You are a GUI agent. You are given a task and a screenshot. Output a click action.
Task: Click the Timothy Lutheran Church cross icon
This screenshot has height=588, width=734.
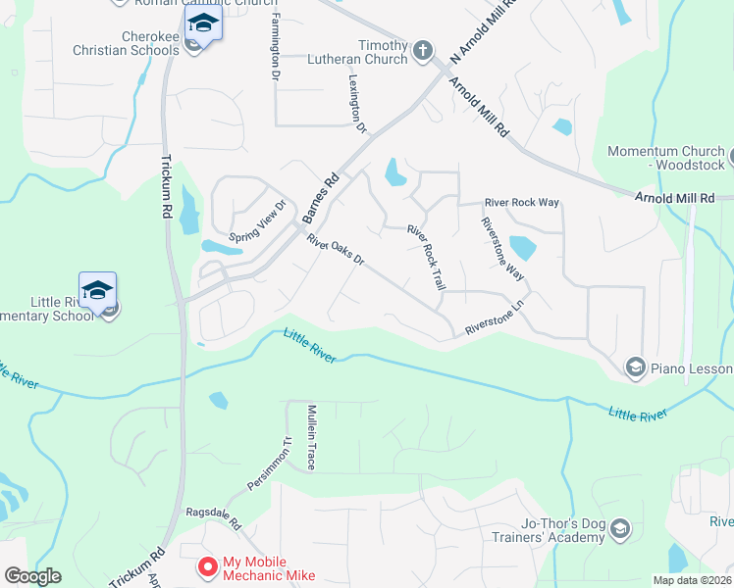tap(423, 51)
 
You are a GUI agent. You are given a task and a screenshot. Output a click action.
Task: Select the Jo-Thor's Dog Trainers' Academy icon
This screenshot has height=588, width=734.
tap(619, 531)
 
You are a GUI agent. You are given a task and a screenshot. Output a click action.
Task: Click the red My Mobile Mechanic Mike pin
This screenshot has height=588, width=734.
tap(207, 566)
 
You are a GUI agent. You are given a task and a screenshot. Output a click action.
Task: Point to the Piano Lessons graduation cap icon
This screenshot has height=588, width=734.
tap(635, 367)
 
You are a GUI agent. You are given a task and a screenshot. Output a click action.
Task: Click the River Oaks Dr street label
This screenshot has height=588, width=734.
tap(335, 250)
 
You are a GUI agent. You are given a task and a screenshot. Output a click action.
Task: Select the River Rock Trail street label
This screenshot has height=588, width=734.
tap(427, 258)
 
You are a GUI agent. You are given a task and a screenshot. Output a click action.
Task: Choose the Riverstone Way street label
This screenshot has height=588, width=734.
tap(501, 249)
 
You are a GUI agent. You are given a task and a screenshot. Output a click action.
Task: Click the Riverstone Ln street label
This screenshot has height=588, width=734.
tap(497, 322)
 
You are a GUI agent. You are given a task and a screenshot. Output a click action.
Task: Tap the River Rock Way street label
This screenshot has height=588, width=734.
tap(521, 203)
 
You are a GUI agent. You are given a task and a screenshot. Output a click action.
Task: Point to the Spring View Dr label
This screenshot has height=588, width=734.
tap(256, 221)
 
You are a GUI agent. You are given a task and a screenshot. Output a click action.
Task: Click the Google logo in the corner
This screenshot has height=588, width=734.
tap(32, 576)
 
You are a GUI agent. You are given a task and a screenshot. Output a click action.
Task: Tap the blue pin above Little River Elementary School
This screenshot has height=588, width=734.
tap(97, 290)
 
